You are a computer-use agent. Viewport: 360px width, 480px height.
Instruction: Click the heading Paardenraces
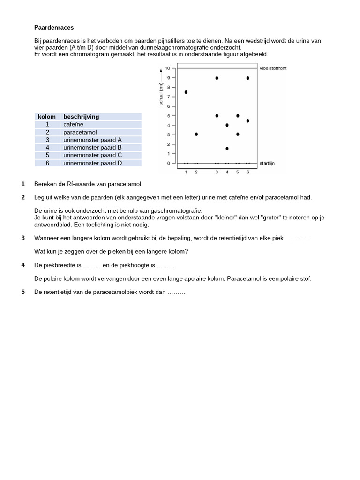point(54,28)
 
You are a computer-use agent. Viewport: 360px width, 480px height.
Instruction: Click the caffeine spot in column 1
point(186,92)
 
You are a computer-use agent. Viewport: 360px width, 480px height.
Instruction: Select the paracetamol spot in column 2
point(196,134)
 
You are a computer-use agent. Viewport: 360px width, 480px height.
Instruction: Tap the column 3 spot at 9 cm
point(217,78)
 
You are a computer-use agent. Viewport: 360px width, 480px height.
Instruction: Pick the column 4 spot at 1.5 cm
point(227,149)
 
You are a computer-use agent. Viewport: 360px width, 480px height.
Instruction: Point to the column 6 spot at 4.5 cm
point(248,120)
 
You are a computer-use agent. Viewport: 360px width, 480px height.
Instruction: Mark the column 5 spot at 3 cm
point(238,134)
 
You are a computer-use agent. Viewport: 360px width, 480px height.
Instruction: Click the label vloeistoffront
point(273,68)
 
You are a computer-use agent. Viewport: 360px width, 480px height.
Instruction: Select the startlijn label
point(267,163)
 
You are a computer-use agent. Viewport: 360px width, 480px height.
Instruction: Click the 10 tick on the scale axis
point(168,68)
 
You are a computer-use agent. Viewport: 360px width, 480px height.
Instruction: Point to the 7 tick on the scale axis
point(169,97)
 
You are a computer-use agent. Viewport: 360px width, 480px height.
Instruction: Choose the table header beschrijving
point(81,117)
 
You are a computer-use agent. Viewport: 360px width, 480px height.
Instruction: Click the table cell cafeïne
point(73,125)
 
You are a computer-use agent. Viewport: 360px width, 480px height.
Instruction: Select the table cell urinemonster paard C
point(92,155)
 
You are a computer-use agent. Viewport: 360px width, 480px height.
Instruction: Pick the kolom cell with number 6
point(47,163)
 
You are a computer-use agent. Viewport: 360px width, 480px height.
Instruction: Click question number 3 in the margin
point(23,238)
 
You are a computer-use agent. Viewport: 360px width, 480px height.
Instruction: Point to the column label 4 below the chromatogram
point(227,172)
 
